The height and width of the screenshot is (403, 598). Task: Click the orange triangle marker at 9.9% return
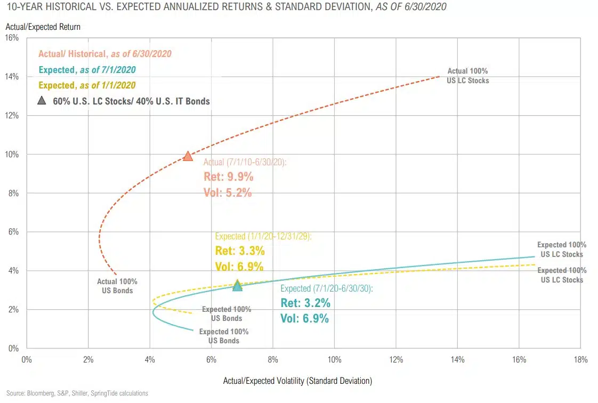tap(188, 156)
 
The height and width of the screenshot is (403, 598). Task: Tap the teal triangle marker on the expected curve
tap(238, 286)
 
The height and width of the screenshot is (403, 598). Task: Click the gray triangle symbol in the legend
tap(42, 101)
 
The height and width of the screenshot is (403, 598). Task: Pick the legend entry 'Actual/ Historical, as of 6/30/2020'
tap(105, 54)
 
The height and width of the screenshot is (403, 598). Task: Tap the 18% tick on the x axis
tap(580, 360)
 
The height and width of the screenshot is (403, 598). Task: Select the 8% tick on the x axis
tap(273, 360)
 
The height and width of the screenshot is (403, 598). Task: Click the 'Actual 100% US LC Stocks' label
tap(467, 76)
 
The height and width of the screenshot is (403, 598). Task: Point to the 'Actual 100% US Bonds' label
tap(117, 286)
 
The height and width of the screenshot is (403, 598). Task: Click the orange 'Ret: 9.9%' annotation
tap(228, 177)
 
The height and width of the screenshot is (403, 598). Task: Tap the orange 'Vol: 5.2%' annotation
tap(228, 193)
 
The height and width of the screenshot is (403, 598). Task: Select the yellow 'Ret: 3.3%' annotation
tap(240, 251)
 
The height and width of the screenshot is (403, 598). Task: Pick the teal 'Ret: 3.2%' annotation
tap(305, 303)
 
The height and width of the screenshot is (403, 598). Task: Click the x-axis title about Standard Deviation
tap(298, 381)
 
